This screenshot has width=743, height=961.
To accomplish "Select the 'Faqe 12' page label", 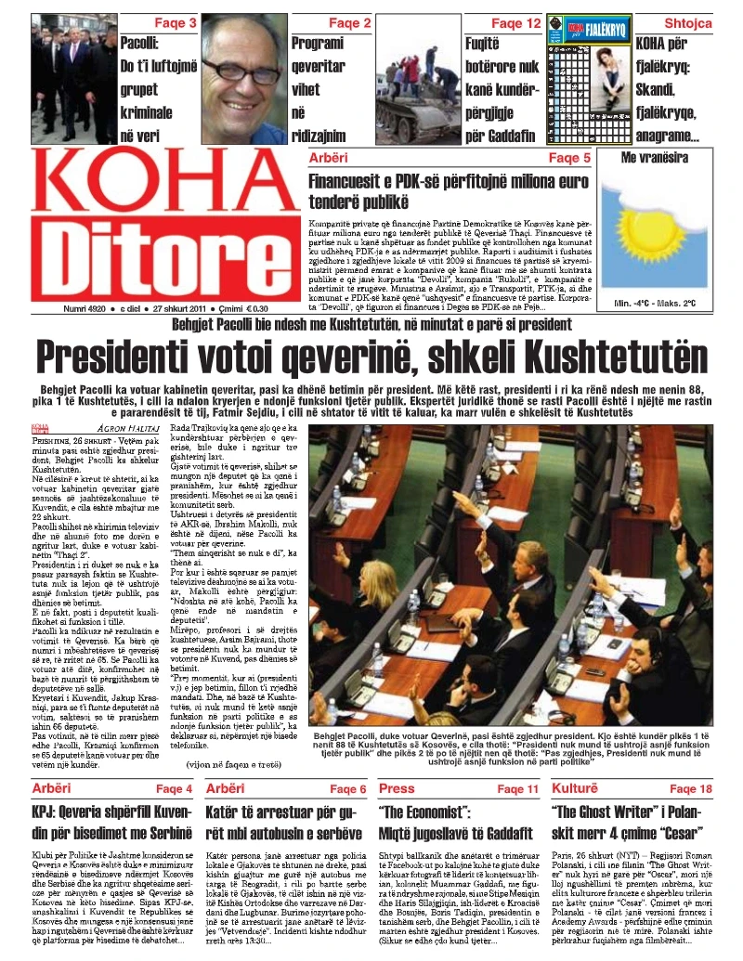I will [x=516, y=21].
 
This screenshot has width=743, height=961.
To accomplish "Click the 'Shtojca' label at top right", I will [x=688, y=21].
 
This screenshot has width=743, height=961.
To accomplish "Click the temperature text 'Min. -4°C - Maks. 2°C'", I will [x=655, y=303].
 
